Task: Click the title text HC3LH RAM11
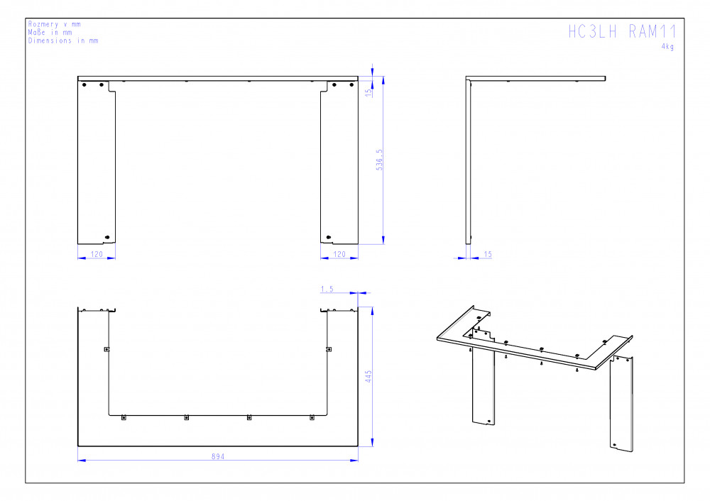622,31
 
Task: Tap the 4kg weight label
667,47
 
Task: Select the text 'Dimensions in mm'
63,40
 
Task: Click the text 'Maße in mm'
50,32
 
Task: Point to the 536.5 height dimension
379,160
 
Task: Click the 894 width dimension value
218,456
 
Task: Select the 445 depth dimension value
368,377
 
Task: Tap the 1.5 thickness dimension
327,289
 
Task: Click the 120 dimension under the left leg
97,254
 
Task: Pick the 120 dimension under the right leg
339,254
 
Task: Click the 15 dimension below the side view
488,254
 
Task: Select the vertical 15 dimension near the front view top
368,92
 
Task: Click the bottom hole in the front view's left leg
107,237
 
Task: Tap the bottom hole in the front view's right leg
329,237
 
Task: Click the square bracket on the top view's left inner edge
107,349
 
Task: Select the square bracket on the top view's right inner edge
329,349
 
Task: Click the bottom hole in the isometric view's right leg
614,445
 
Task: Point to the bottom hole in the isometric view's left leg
489,421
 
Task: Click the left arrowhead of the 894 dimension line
82,461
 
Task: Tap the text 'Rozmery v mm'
55,24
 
